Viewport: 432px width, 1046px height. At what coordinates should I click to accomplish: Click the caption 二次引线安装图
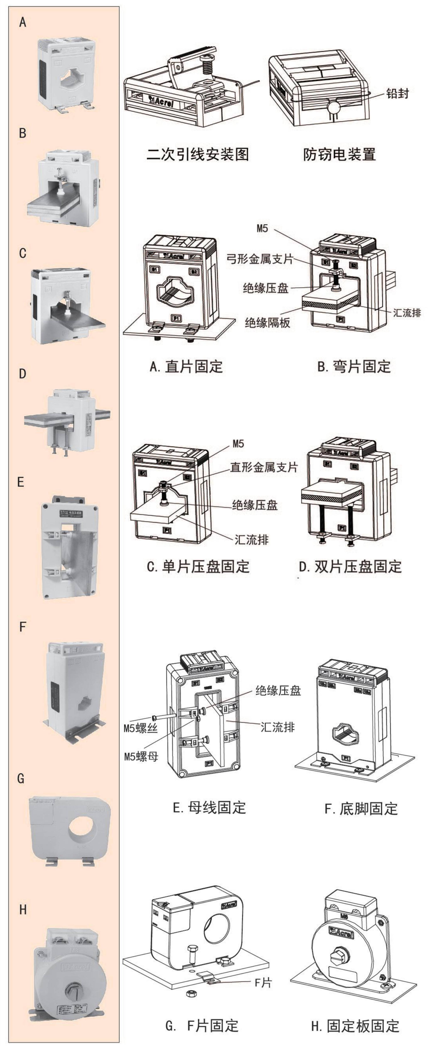(x=197, y=154)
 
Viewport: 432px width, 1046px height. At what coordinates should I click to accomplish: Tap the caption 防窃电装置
(x=339, y=154)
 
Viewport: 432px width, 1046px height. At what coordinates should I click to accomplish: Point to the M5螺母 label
(x=141, y=757)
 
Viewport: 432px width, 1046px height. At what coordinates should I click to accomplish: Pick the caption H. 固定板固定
(x=355, y=1026)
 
